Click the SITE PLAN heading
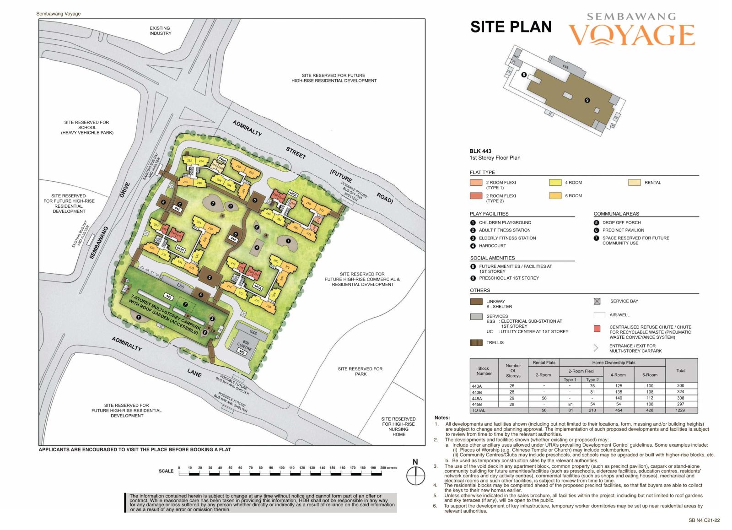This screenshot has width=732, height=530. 511,27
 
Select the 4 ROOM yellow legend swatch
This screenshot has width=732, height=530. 555,183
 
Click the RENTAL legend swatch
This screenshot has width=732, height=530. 634,183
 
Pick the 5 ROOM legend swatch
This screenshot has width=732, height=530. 555,196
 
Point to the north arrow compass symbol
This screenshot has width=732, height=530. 415,476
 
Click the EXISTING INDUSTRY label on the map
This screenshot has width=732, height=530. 160,31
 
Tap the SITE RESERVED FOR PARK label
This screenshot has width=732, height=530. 360,371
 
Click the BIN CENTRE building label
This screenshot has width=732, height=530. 245,344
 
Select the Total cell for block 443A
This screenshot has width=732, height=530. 680,386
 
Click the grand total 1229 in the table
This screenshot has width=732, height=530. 680,410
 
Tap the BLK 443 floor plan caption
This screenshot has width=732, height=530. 480,151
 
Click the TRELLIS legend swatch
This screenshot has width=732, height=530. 476,342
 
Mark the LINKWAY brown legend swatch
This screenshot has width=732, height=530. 476,302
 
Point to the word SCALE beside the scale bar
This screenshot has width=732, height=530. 166,471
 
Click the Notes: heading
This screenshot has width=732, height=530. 442,417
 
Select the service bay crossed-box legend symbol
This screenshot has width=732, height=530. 597,301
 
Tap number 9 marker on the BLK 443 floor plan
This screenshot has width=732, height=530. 587,100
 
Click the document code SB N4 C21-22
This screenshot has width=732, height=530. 704,520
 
